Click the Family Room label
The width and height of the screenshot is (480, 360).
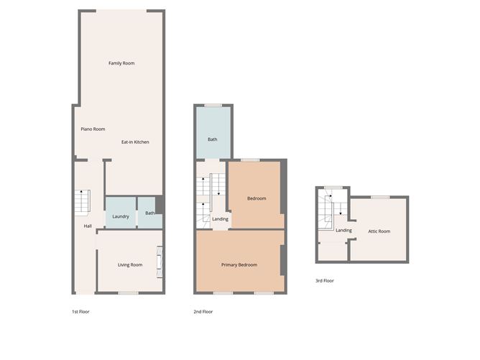(x=121, y=63)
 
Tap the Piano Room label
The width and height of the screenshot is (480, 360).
(x=93, y=129)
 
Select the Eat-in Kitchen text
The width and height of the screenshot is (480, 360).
(x=135, y=142)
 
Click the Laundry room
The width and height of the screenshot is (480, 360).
(x=121, y=213)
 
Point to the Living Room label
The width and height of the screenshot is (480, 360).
(x=130, y=265)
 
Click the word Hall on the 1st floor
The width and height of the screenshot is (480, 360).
(x=88, y=226)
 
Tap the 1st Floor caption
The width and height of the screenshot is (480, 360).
(x=80, y=312)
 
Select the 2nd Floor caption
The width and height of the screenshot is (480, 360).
(x=203, y=312)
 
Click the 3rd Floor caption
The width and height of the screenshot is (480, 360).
(x=325, y=281)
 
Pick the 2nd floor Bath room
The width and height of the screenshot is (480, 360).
(x=213, y=132)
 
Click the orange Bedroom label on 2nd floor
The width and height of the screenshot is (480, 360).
(x=257, y=198)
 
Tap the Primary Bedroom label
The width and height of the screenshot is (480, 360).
(x=239, y=265)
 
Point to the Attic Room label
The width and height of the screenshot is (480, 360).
(x=379, y=231)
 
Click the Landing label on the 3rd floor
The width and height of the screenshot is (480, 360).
(x=343, y=230)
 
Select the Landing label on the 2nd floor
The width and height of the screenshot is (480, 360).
(x=220, y=219)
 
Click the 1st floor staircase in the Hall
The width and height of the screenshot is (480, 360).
(x=83, y=201)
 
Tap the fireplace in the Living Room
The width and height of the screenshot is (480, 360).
(x=160, y=262)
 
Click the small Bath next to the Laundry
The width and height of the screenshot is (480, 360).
(x=149, y=213)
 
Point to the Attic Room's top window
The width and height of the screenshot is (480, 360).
(x=380, y=197)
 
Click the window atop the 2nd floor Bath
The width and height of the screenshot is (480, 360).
(x=213, y=106)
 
